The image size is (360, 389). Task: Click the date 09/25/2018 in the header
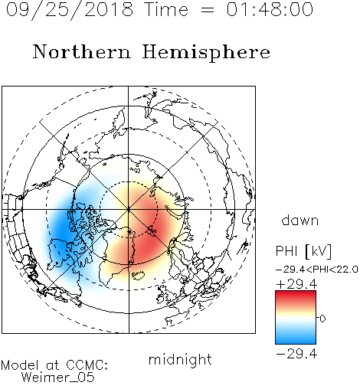(x=70, y=9)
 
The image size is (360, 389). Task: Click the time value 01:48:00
(x=270, y=9)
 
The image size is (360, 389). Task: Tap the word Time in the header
(x=166, y=9)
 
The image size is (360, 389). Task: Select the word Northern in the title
(x=82, y=52)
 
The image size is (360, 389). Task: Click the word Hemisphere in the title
(x=206, y=53)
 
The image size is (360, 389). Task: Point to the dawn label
(x=300, y=220)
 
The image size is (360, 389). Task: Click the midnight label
(x=180, y=360)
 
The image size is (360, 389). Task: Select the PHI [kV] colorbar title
(x=303, y=251)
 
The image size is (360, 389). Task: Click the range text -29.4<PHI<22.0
(x=317, y=270)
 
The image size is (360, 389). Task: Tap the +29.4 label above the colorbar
(x=296, y=284)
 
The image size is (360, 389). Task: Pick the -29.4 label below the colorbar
(x=296, y=354)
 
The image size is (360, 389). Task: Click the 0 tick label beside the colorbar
(x=322, y=319)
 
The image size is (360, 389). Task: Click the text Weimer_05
(x=58, y=378)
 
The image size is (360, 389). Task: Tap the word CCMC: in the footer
(x=87, y=365)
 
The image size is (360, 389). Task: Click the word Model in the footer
(x=20, y=365)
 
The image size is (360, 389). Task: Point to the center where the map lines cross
(x=129, y=209)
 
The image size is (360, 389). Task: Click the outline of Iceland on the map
(x=139, y=276)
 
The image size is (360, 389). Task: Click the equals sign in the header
(x=208, y=10)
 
